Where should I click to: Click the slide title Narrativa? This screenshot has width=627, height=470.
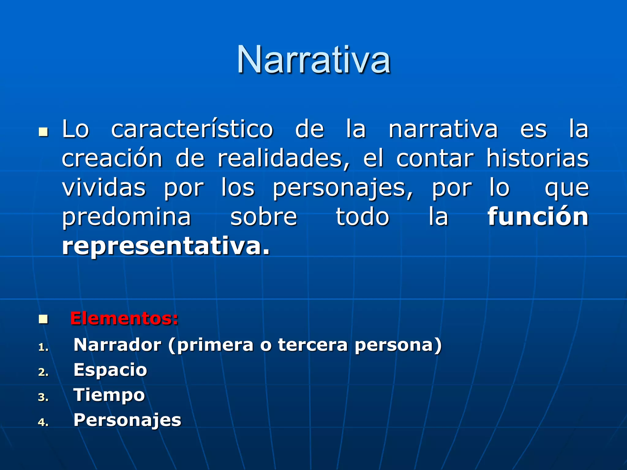click(x=313, y=60)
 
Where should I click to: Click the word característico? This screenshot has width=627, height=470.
click(x=192, y=129)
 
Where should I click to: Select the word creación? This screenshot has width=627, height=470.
click(x=112, y=158)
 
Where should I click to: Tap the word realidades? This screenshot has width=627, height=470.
click(x=283, y=158)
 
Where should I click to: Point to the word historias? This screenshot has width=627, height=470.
click(x=538, y=158)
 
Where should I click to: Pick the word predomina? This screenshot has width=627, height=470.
click(x=126, y=217)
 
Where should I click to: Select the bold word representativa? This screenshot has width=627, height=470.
click(x=165, y=246)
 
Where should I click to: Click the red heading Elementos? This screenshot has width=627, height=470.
click(x=124, y=319)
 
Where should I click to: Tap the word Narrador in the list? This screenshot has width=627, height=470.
click(x=117, y=345)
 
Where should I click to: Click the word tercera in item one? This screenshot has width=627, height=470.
click(x=313, y=345)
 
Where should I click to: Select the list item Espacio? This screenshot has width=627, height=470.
click(x=110, y=370)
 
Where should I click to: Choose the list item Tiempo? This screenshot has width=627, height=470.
click(x=109, y=395)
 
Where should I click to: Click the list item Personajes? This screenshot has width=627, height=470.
click(x=127, y=420)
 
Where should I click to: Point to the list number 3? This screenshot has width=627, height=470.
click(x=43, y=397)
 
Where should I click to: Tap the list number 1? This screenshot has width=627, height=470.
click(x=43, y=347)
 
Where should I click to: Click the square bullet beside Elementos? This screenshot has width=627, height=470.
click(x=43, y=319)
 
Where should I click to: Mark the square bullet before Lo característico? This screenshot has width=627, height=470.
click(x=43, y=132)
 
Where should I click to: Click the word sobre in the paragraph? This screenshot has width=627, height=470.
click(x=264, y=217)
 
